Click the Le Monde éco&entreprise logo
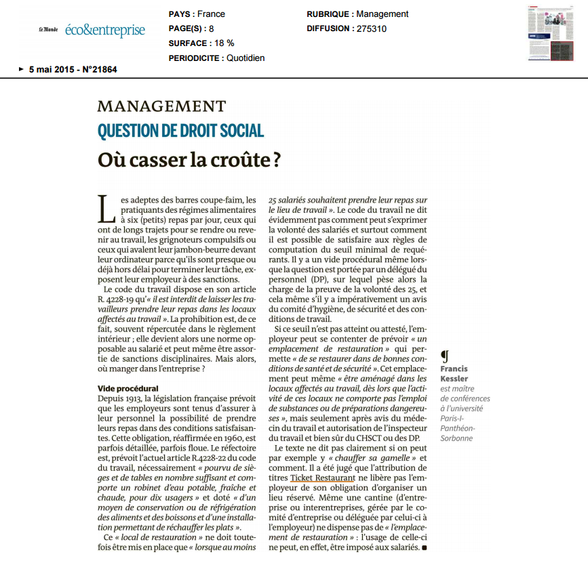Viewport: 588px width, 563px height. tap(92, 30)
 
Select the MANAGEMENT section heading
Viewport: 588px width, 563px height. tap(161, 106)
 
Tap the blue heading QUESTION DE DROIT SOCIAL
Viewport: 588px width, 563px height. tap(180, 131)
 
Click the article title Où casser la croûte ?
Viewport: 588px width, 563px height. tap(189, 161)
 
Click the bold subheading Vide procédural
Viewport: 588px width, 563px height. tap(128, 388)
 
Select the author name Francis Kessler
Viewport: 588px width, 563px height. tap(454, 373)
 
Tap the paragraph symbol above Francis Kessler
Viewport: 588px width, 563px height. tap(444, 356)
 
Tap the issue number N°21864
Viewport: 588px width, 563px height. tap(100, 69)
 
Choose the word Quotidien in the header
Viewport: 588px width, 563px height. tap(246, 58)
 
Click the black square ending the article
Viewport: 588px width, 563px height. tap(425, 546)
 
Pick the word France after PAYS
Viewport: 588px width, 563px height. tap(212, 14)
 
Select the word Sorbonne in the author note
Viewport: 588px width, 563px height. tap(459, 438)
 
